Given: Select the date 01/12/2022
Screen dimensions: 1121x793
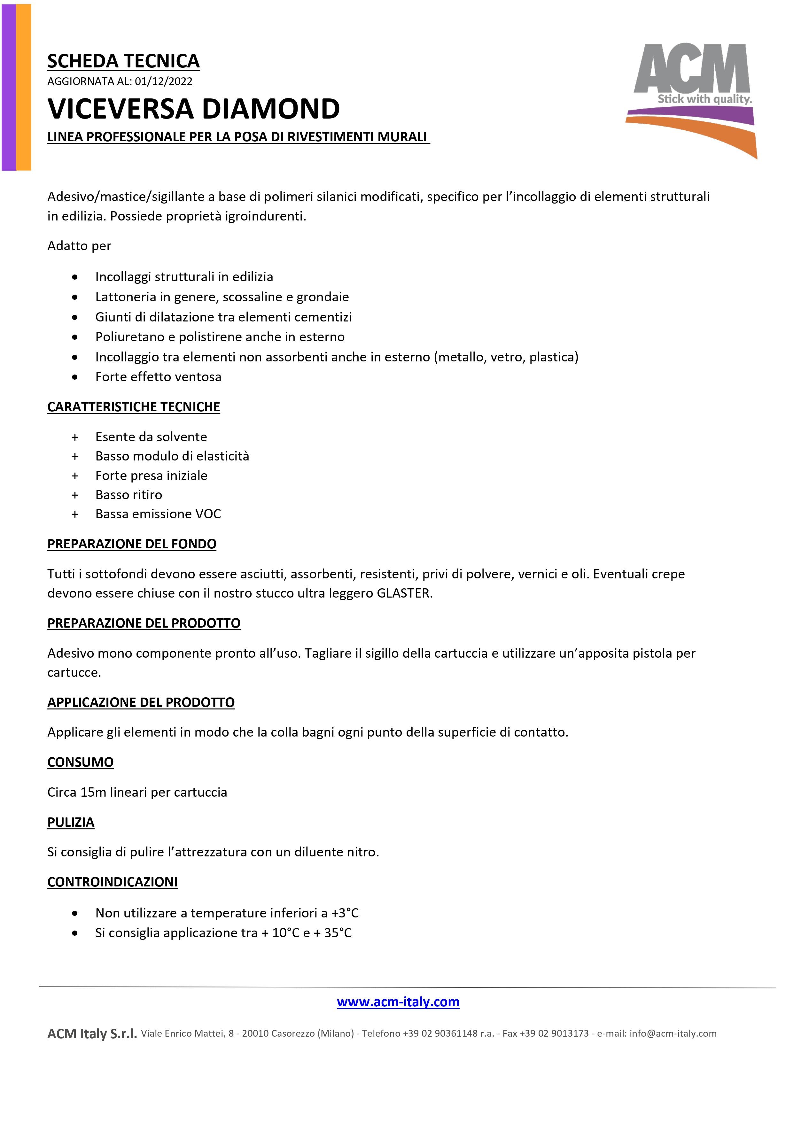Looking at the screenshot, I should point(164,81).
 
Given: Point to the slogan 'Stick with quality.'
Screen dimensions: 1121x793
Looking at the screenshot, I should point(704,99).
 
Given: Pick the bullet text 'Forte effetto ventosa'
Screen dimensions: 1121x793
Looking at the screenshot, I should point(158,377).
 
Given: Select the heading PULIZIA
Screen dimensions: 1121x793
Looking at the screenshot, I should point(71,822).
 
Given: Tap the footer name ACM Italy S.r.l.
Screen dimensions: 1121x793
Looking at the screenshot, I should point(92,1034).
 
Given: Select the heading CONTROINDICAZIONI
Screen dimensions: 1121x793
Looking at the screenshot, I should point(112,882).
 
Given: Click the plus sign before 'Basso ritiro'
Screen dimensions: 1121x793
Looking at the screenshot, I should point(75,495).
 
